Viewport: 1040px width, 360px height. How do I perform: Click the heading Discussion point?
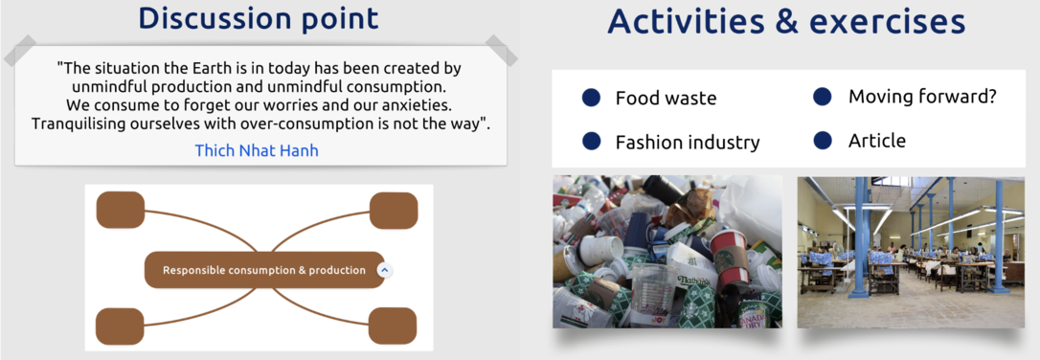(259, 18)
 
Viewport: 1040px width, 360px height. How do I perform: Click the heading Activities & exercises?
(786, 22)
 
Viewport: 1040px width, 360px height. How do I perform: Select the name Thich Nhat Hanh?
(257, 150)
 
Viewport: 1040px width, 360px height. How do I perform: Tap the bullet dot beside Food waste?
(591, 98)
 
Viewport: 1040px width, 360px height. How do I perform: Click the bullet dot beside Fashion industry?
(591, 141)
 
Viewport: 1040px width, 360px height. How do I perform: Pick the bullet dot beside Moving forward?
(823, 96)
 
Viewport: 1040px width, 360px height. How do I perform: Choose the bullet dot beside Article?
(823, 140)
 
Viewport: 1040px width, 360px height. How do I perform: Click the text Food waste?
(666, 99)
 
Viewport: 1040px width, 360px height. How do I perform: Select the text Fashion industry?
(688, 143)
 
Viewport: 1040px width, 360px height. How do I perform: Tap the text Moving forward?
(922, 97)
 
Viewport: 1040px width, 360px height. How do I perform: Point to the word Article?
(877, 141)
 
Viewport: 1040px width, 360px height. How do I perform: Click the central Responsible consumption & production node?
(264, 270)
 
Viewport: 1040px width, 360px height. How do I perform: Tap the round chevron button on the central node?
(385, 271)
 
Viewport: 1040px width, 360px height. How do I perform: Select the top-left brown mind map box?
(121, 211)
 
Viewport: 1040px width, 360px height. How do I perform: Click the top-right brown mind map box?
(394, 211)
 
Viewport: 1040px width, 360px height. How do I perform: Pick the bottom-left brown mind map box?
(120, 326)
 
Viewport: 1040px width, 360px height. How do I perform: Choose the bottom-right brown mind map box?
(393, 326)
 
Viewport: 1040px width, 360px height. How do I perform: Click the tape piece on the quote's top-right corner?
(502, 51)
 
